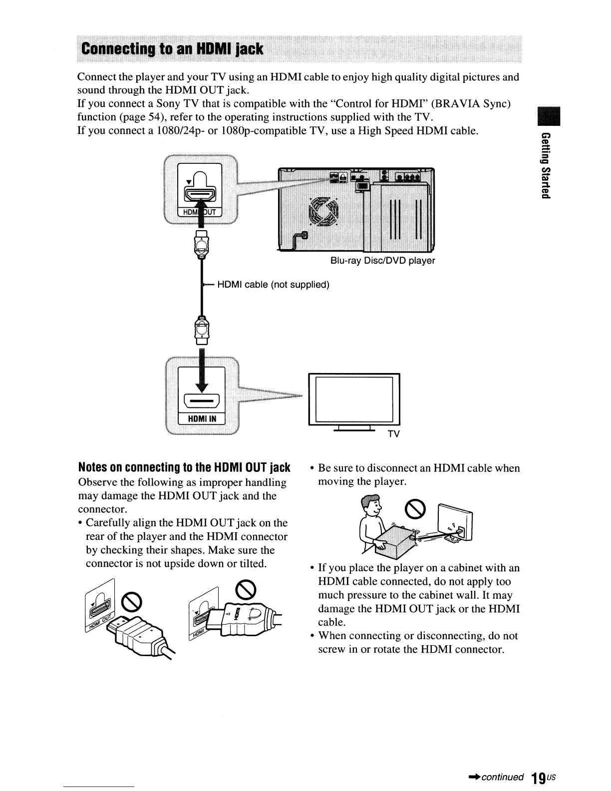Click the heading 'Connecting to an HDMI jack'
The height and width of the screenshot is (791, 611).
(173, 48)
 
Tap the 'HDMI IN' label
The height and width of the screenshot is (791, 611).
(202, 418)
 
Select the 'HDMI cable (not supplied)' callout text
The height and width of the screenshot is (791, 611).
(274, 285)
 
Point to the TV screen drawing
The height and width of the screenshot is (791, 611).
(354, 398)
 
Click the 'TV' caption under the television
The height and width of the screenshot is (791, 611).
(394, 434)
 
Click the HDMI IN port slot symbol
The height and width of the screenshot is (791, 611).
(202, 400)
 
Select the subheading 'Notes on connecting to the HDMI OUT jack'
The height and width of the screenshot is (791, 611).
(184, 468)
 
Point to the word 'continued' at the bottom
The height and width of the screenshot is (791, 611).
(503, 777)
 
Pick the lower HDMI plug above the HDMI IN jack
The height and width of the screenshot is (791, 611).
(202, 329)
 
